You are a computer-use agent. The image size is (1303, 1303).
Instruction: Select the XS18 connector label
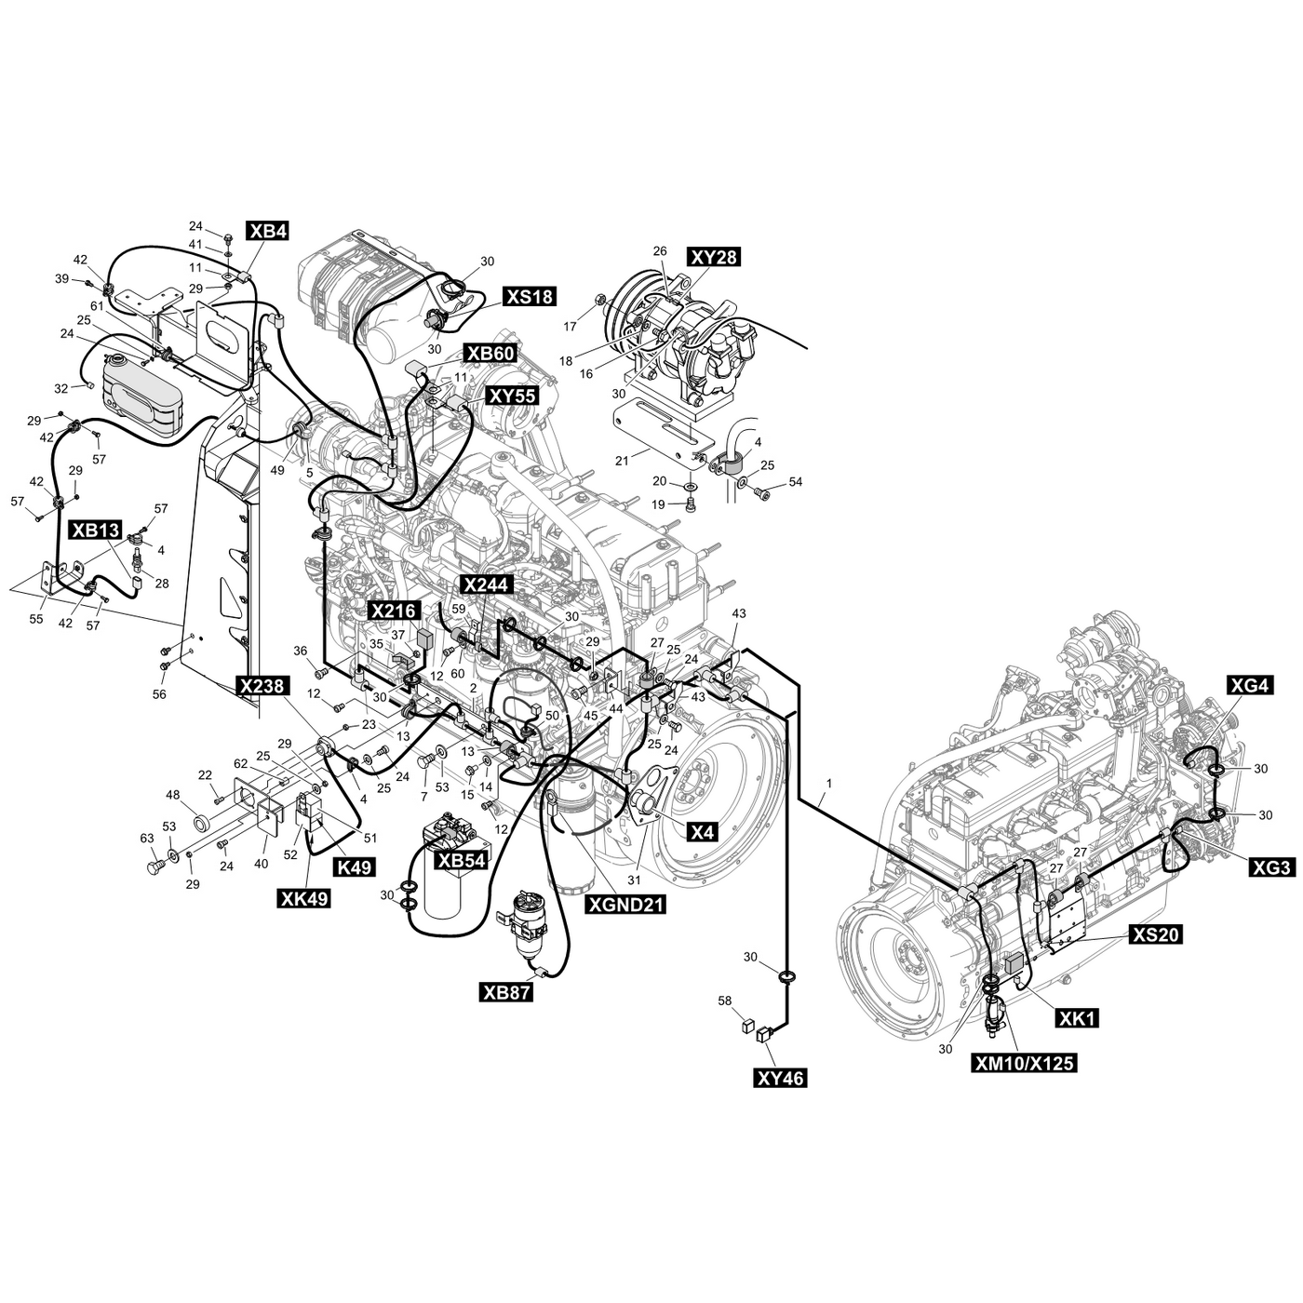pyautogui.click(x=529, y=297)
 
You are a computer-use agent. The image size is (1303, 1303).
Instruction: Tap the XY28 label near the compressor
pyautogui.click(x=714, y=258)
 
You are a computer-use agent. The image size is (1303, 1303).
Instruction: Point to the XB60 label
pyautogui.click(x=490, y=354)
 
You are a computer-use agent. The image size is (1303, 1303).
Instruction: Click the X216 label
pyautogui.click(x=394, y=611)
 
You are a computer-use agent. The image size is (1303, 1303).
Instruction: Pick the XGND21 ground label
pyautogui.click(x=625, y=903)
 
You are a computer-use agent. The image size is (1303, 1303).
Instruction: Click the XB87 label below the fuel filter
pyautogui.click(x=506, y=992)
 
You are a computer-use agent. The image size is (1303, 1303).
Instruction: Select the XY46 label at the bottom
pyautogui.click(x=780, y=1078)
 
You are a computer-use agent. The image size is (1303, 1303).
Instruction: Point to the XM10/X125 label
pyautogui.click(x=1023, y=1063)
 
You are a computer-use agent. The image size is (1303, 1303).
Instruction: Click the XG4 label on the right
pyautogui.click(x=1249, y=686)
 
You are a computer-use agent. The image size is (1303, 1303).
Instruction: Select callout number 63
pyautogui.click(x=146, y=839)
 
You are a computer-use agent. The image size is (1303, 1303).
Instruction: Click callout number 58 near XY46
pyautogui.click(x=725, y=1001)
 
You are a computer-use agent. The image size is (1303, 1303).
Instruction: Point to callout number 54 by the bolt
pyautogui.click(x=795, y=482)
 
